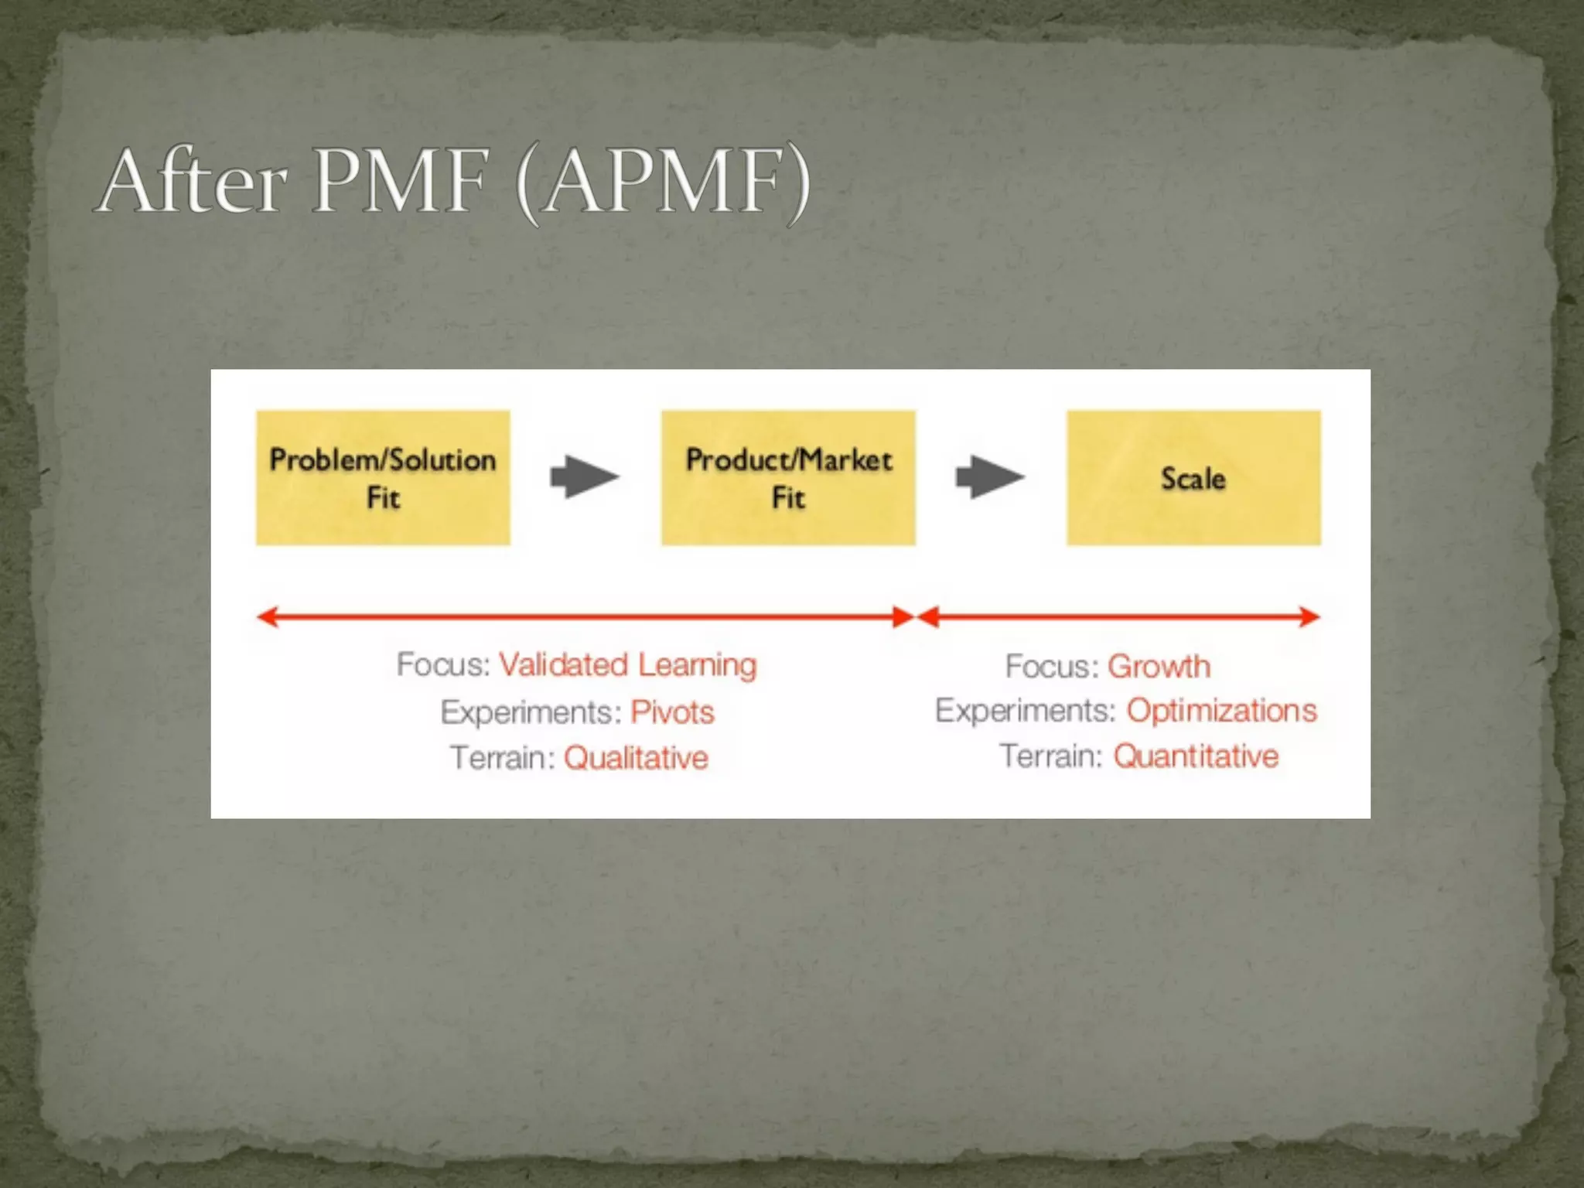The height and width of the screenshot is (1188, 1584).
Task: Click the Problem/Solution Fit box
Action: (383, 478)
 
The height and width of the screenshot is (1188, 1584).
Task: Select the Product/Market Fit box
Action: (788, 478)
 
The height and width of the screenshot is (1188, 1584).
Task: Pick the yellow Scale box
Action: (1193, 478)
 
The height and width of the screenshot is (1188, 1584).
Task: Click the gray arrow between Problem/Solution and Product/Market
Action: (585, 477)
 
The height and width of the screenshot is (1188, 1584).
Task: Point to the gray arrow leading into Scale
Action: (990, 477)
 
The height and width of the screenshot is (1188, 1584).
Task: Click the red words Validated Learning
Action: (627, 665)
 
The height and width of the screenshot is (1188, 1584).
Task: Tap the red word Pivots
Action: (672, 712)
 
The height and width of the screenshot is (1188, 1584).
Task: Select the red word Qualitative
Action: (636, 758)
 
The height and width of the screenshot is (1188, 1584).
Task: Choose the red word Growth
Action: (1159, 667)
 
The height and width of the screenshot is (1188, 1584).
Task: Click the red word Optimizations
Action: (1221, 711)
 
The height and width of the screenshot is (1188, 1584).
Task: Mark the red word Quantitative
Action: (1196, 756)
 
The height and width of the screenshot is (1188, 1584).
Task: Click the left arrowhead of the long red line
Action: (267, 617)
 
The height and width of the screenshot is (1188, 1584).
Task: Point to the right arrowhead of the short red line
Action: (1310, 617)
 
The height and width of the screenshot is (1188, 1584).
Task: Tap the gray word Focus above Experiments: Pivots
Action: (442, 665)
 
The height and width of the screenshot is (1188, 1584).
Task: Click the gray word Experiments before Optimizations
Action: (1025, 711)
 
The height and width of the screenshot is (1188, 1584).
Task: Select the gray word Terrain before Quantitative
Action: (1050, 756)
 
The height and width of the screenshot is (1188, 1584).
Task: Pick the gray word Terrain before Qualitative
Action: (502, 758)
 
